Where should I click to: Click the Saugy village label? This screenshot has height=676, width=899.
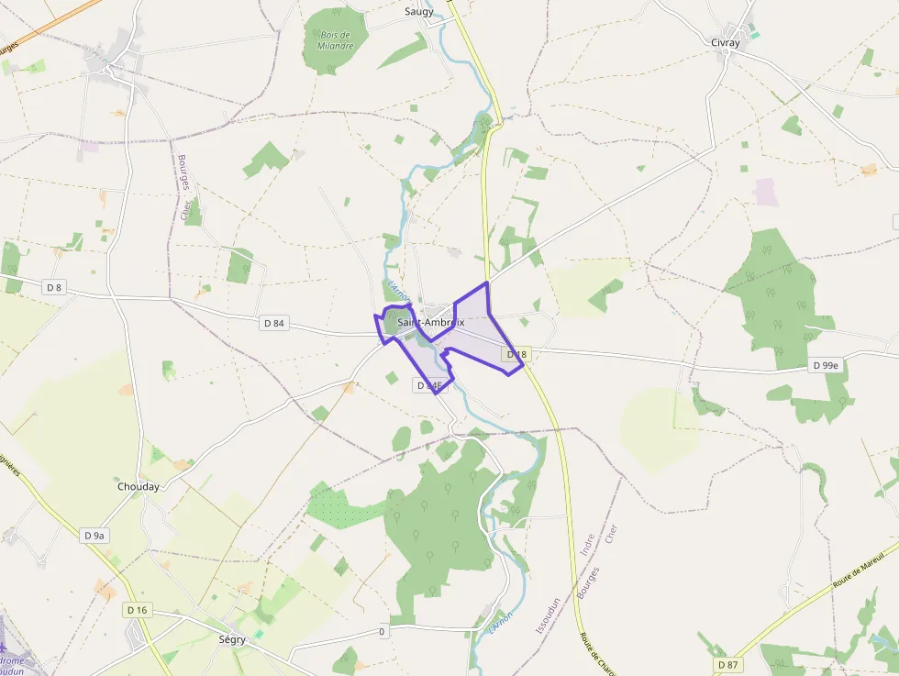click(419, 12)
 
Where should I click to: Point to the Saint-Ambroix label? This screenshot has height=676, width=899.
click(431, 322)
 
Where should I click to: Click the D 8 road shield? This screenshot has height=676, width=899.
click(54, 287)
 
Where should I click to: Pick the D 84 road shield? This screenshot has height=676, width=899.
click(274, 322)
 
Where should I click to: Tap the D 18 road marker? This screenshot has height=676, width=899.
click(516, 354)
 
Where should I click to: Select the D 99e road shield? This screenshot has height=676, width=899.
click(826, 365)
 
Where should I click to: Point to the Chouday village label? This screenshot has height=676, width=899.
click(139, 486)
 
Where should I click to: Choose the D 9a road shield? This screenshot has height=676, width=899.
click(95, 535)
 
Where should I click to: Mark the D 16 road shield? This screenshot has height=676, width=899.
click(137, 610)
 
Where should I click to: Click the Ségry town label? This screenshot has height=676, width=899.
click(232, 639)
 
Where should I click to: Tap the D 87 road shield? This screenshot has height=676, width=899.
click(727, 663)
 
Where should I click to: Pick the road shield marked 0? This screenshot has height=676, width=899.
click(382, 631)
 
